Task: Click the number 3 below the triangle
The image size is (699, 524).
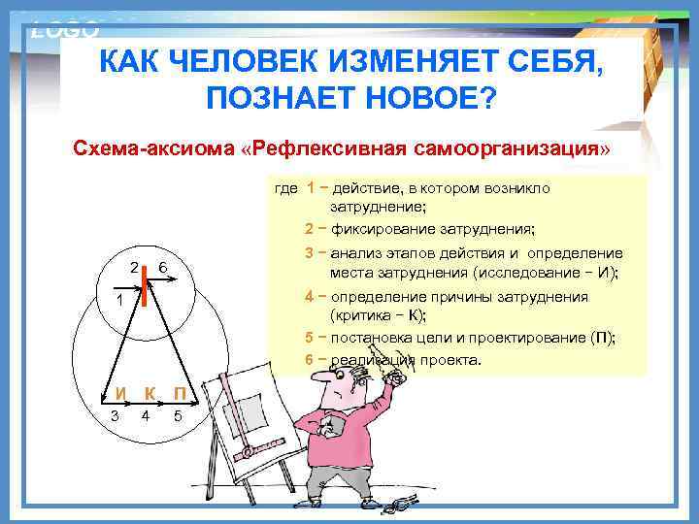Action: (x=116, y=417)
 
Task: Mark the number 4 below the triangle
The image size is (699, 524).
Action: (x=145, y=417)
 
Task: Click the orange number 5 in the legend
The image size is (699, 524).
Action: (x=308, y=338)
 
